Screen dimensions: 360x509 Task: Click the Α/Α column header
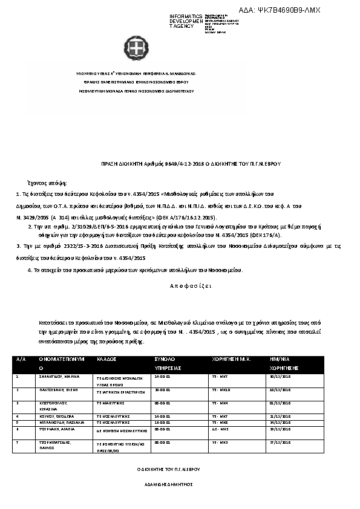[22, 358]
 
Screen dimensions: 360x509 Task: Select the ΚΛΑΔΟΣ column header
[106, 358]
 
